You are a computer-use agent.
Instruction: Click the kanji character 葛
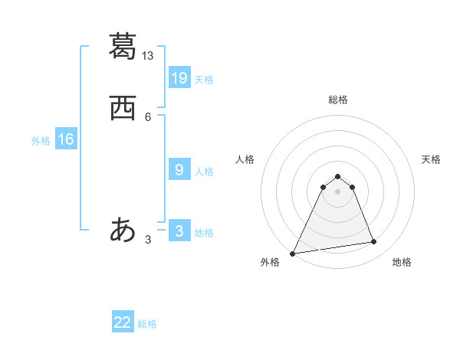pos(123,46)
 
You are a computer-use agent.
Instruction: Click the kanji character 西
pos(123,110)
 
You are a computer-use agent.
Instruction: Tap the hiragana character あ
pos(123,230)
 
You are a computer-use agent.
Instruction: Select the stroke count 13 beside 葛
pos(148,56)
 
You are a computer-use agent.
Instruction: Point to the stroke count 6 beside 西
pos(148,116)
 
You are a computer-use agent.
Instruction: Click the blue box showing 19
pos(179,77)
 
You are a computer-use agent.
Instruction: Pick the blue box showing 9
pos(179,169)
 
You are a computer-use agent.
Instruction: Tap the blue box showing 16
pos(66,139)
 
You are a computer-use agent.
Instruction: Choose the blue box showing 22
pos(123,322)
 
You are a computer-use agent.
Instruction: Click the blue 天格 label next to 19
pos(204,79)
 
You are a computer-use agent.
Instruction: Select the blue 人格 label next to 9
pos(204,172)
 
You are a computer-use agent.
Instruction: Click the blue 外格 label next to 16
pos(41,141)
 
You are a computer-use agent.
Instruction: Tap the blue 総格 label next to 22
pos(147,324)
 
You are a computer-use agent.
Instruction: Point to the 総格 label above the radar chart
pos(338,100)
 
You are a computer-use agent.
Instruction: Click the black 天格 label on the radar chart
pos(431,159)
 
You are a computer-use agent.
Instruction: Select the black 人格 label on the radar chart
pos(245,159)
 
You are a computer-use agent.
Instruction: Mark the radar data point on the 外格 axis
pos(293,253)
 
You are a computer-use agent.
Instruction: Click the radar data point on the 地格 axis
pos(374,242)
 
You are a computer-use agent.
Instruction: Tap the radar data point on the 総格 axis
pos(337,176)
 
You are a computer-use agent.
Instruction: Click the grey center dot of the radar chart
pos(337,191)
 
